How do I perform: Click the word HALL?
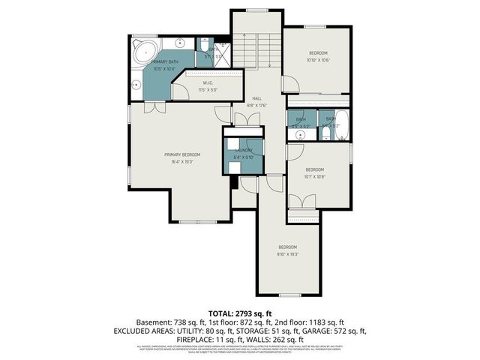click(x=256, y=98)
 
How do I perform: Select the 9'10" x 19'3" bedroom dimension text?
click(x=289, y=254)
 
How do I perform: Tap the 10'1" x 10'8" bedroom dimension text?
click(x=314, y=178)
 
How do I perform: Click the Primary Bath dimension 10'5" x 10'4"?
click(x=163, y=69)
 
